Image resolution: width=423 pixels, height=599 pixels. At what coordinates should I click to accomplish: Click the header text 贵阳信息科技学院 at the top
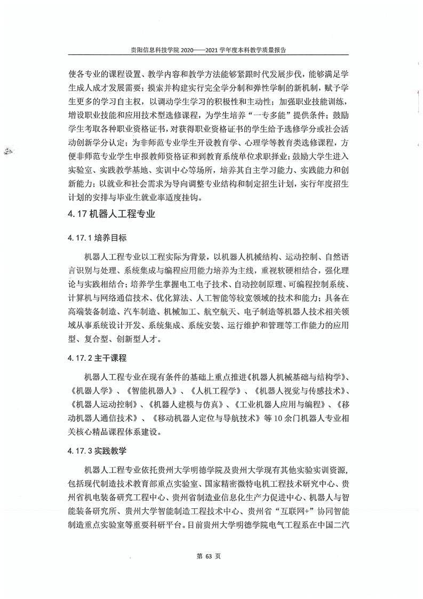pos(155,49)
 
